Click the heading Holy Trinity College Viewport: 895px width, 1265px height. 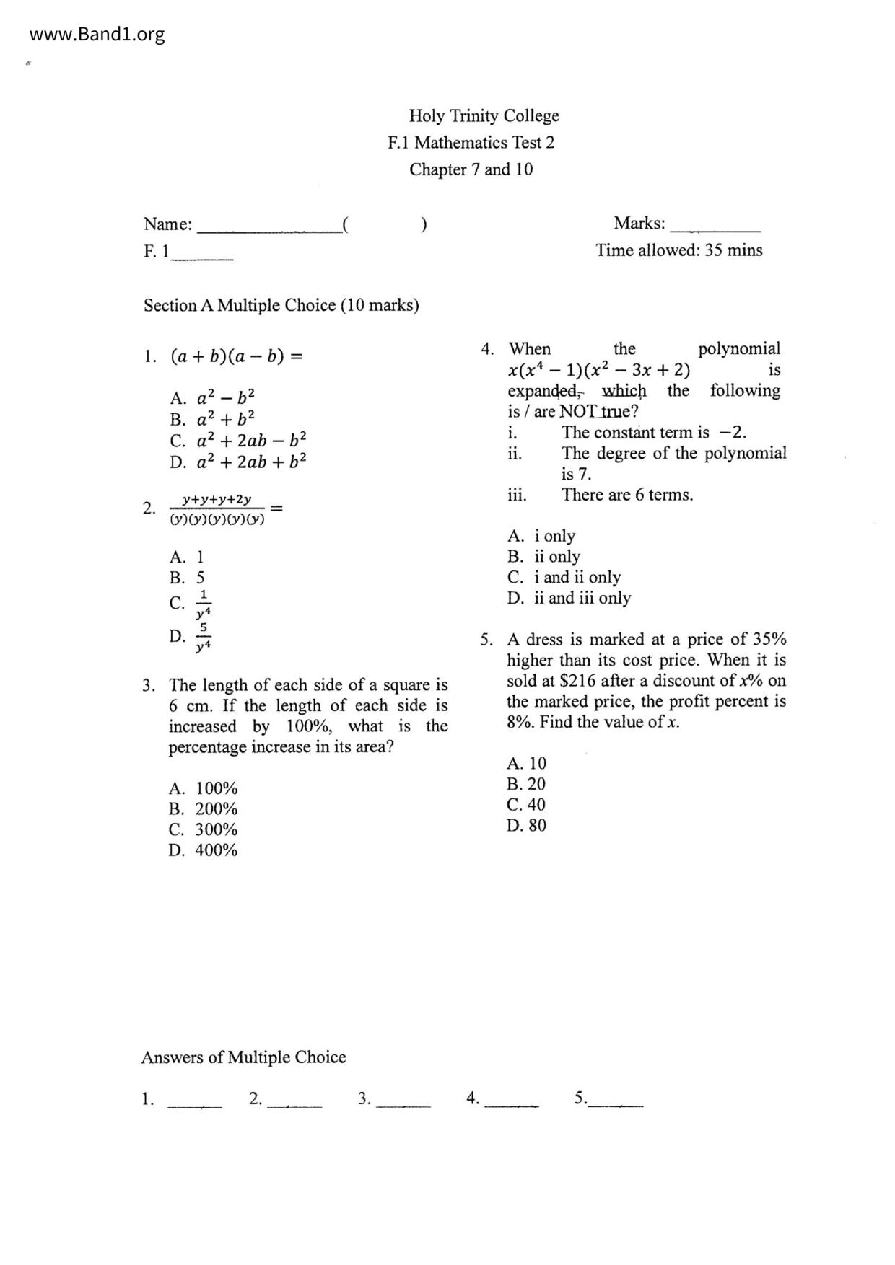coord(484,116)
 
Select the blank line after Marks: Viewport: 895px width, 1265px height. coord(715,225)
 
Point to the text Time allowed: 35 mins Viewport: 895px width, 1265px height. coord(678,250)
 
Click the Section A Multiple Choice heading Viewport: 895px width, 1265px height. coord(281,305)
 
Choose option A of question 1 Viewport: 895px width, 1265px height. coord(212,398)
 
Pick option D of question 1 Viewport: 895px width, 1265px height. coord(238,462)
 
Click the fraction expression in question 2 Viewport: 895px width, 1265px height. coord(217,508)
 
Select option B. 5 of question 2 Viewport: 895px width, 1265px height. coord(187,578)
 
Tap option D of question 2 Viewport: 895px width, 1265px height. coord(191,637)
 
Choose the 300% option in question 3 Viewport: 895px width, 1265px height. coord(203,829)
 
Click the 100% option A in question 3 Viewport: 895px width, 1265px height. coord(203,788)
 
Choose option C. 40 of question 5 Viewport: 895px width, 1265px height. coord(526,805)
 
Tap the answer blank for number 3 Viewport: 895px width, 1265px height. coord(403,1099)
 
